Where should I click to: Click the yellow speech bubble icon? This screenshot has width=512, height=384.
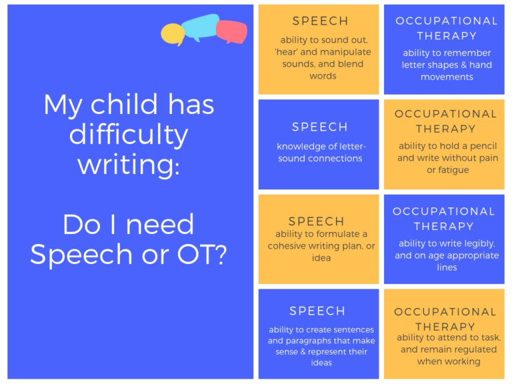pos(172,33)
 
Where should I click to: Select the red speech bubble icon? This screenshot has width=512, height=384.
pos(231,31)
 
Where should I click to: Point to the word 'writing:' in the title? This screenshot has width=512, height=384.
pos(129,164)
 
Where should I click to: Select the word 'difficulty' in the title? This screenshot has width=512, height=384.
pos(129,135)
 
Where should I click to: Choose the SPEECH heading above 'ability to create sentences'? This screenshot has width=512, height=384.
pos(317,311)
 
